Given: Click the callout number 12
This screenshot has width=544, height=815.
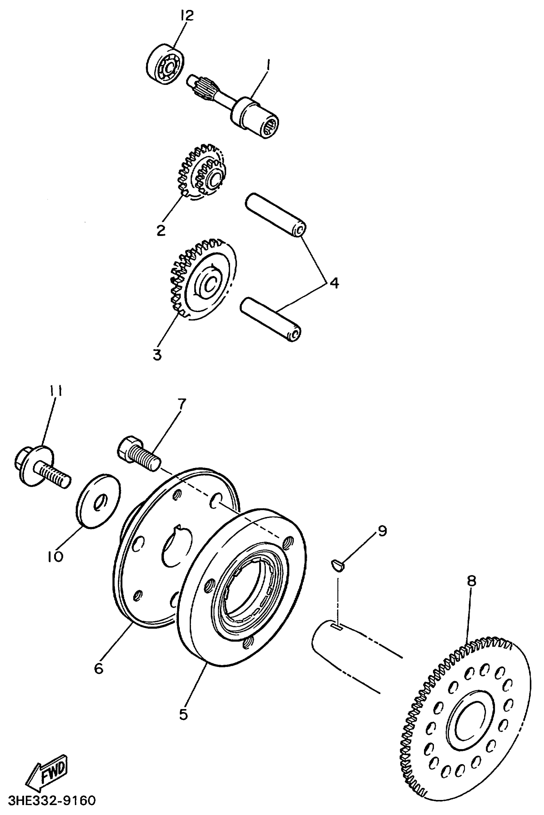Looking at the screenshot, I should [186, 15].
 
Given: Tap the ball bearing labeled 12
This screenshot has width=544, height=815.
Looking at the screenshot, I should [164, 63].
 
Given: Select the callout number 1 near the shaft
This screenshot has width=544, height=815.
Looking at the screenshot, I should [268, 65].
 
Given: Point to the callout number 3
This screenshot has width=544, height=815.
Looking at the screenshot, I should [157, 355].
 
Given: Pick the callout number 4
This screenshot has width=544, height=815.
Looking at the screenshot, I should [334, 283].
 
